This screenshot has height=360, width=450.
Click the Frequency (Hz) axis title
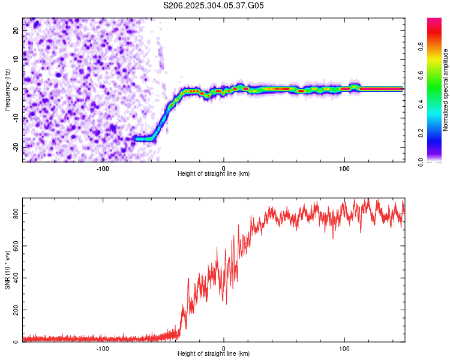coord(7,89)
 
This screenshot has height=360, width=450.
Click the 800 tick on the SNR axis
coord(14,214)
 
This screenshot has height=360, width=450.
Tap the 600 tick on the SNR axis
coord(14,246)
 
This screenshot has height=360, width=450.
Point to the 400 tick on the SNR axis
coord(14,278)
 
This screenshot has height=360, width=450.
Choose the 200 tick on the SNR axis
coord(14,310)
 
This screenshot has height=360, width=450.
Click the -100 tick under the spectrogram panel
coord(103,168)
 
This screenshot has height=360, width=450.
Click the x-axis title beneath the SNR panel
coord(214,354)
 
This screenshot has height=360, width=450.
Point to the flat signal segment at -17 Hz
coord(144,139)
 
